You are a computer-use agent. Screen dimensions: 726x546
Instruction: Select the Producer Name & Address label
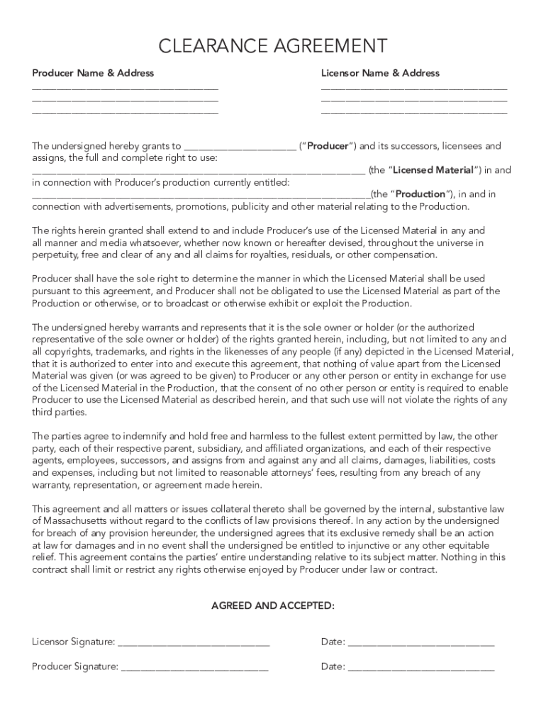[93, 73]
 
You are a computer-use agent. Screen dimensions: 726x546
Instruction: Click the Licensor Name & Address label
[380, 73]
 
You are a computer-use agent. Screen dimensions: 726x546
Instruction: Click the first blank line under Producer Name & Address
[125, 89]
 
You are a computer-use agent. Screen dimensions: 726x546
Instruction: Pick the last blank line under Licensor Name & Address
[414, 113]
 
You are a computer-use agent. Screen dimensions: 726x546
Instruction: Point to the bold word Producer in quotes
[327, 146]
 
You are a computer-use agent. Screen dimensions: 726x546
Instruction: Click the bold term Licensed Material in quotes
[433, 170]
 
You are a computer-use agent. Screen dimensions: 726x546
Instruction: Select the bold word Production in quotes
[420, 194]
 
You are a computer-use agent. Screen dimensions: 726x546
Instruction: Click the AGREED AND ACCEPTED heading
[273, 606]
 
